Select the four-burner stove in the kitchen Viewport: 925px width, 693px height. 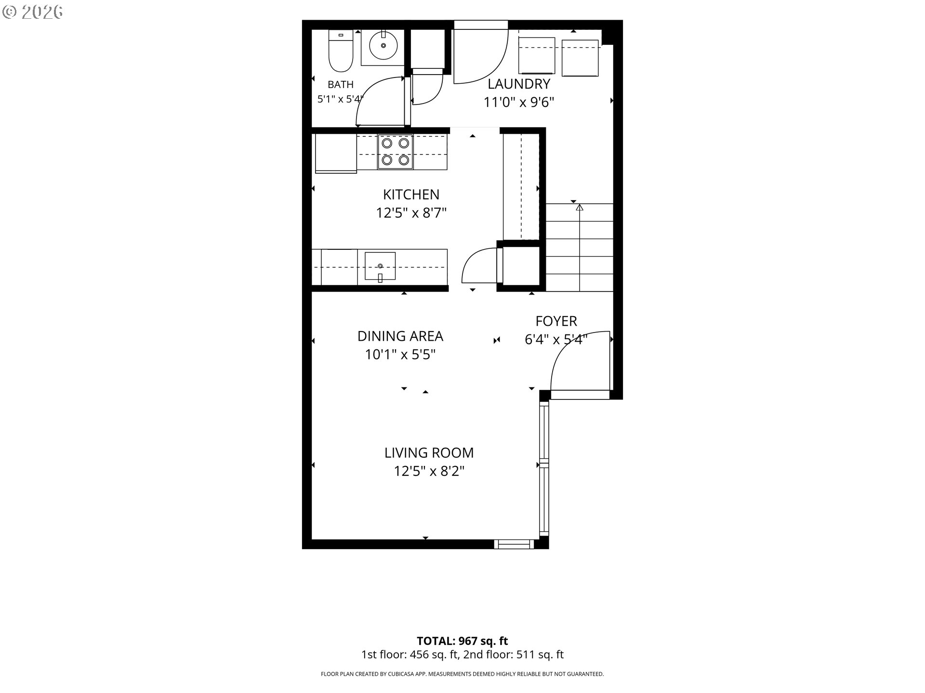[x=395, y=152]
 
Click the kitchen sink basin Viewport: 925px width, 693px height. [x=380, y=266]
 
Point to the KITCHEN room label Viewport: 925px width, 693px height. [x=411, y=194]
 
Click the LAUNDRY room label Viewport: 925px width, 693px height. [x=519, y=84]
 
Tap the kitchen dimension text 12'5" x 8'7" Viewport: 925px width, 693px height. [x=411, y=213]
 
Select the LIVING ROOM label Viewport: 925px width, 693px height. [x=429, y=453]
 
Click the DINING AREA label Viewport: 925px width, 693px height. [x=400, y=336]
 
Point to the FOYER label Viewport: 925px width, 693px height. [x=556, y=321]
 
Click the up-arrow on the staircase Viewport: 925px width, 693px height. [x=580, y=207]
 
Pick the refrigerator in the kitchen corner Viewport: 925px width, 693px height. [x=336, y=153]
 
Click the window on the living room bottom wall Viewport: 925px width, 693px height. [x=514, y=544]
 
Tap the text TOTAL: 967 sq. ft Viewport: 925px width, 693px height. [x=462, y=641]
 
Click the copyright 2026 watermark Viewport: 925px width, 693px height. [x=33, y=12]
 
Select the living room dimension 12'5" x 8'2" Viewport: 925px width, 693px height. [x=429, y=471]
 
